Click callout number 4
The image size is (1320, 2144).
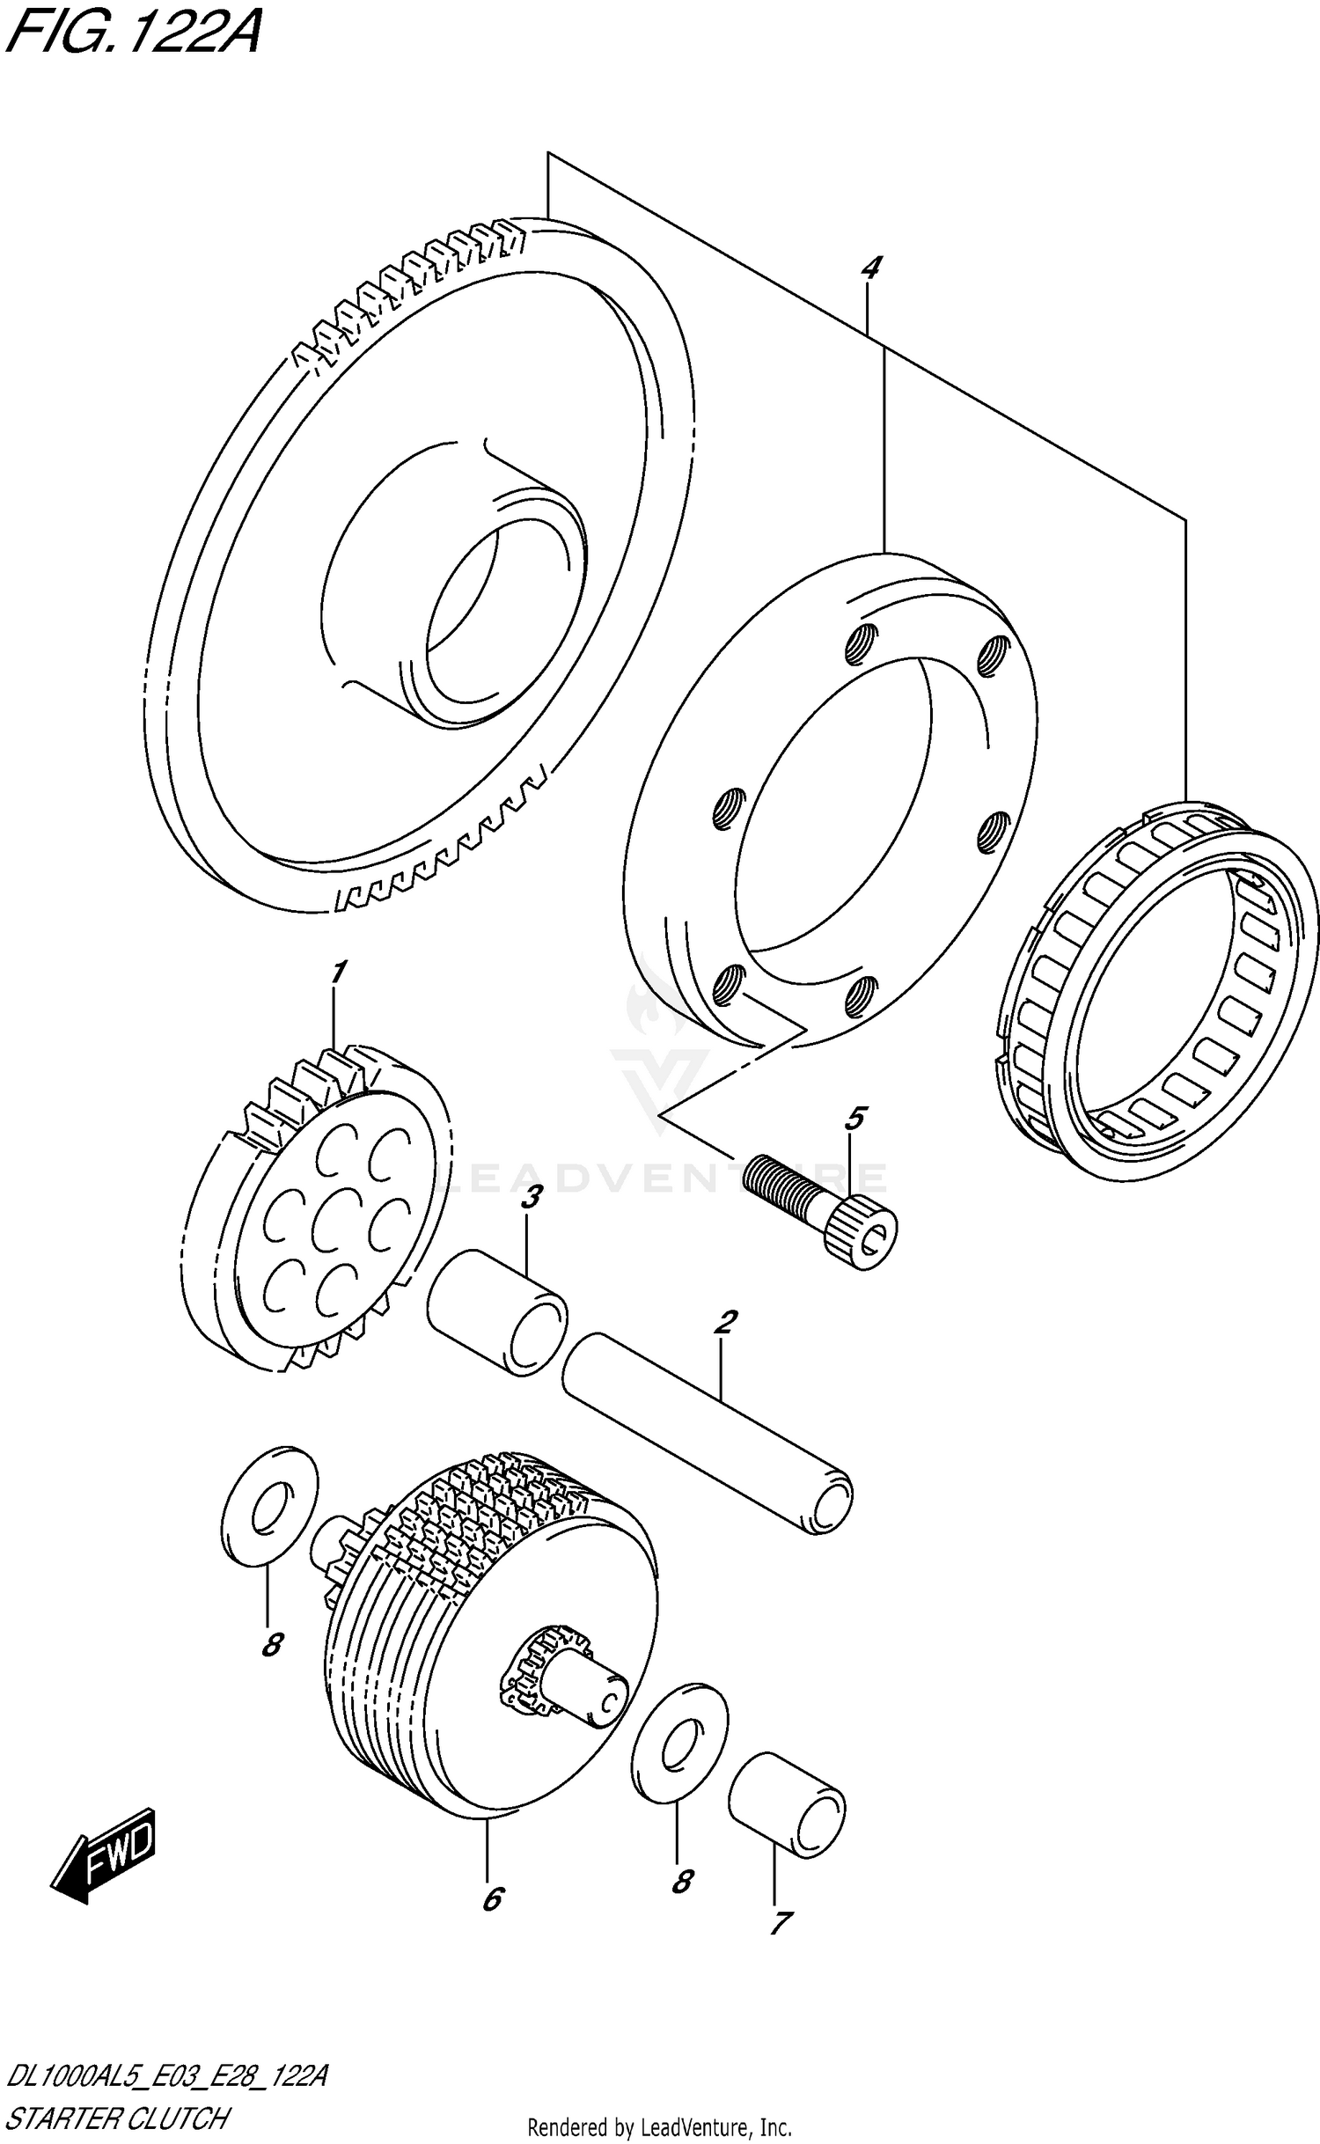coord(869,268)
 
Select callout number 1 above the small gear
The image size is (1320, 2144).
coord(336,973)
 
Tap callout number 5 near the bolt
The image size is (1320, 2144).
coord(854,1120)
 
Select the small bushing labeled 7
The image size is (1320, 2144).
coord(786,1805)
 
